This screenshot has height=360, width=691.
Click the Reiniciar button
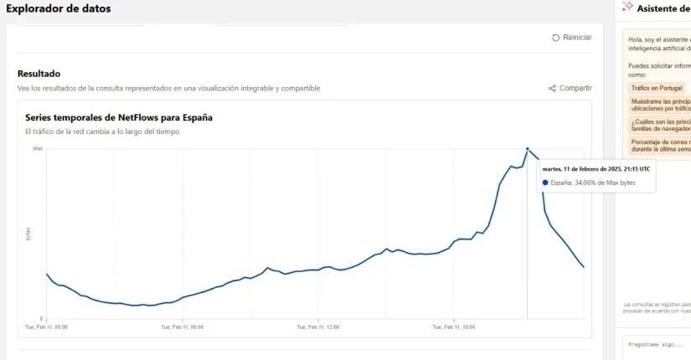tap(572, 38)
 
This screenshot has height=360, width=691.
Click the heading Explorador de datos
tap(58, 8)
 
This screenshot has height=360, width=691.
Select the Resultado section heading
tap(39, 74)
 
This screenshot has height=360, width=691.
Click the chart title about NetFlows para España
tap(118, 117)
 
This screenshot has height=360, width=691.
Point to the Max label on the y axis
tap(38, 148)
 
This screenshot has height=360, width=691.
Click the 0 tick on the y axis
tap(41, 319)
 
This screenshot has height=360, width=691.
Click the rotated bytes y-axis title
tap(28, 234)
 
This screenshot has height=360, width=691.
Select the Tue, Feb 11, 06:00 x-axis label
tap(182, 327)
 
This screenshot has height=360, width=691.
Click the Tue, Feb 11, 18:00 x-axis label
tap(453, 327)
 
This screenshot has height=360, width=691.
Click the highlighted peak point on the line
tap(527, 149)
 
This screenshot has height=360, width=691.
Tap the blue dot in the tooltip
tap(545, 182)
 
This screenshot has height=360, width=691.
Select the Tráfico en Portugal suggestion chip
tap(657, 88)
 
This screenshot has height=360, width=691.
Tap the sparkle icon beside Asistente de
tap(627, 7)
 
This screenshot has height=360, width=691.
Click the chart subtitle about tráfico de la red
tap(102, 131)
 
